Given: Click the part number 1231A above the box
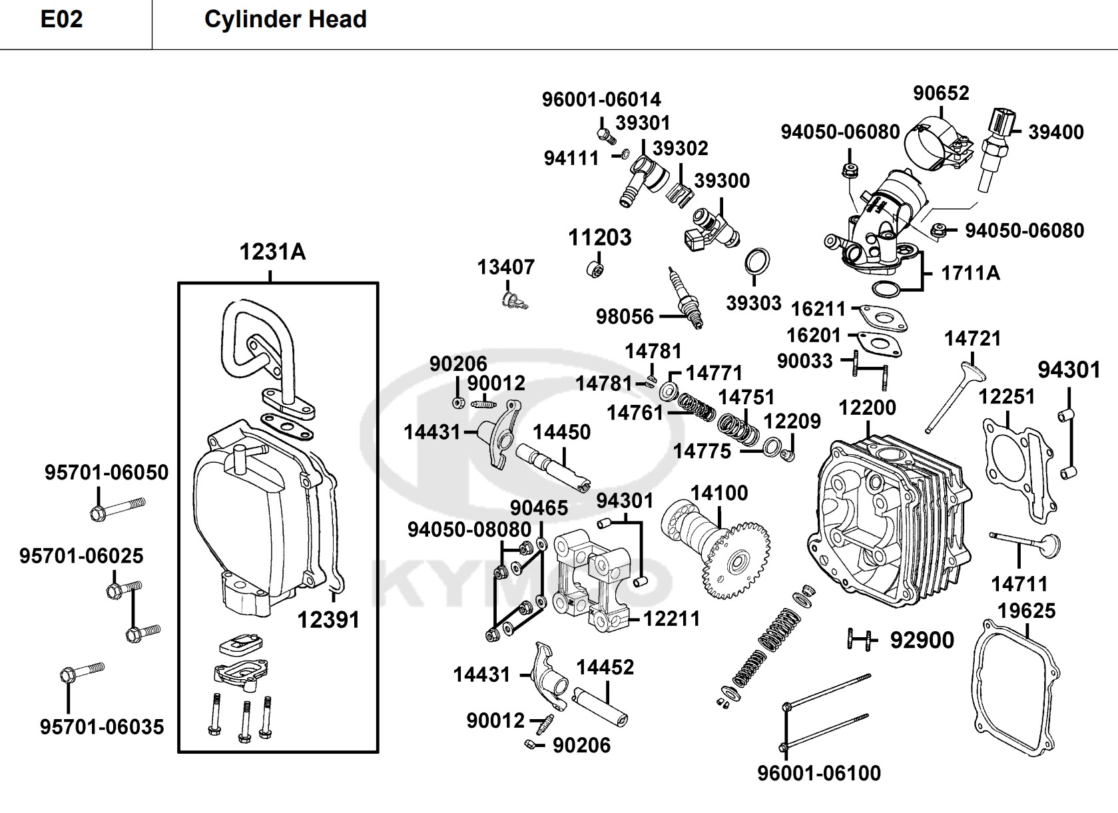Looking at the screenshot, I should [x=272, y=252].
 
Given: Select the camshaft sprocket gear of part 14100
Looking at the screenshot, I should [x=736, y=563].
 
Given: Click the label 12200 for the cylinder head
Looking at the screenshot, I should [x=867, y=407].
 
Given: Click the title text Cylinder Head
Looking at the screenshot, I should [x=285, y=20].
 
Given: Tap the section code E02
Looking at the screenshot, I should [x=61, y=20].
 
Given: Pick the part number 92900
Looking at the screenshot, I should [x=922, y=641].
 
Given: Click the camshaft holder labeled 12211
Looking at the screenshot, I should [x=589, y=579].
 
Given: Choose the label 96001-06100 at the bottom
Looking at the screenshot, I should [x=818, y=773].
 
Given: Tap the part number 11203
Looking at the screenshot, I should [x=599, y=238].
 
